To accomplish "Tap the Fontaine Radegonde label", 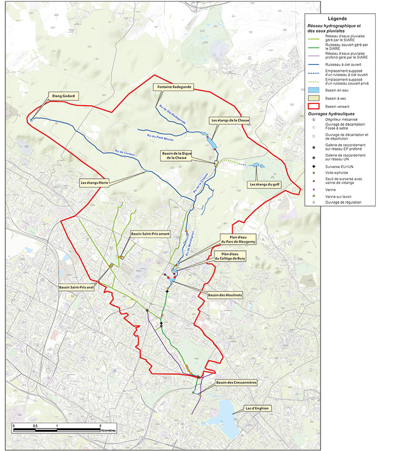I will pyautogui.click(x=172, y=86).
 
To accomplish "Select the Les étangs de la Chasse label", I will pyautogui.click(x=229, y=121).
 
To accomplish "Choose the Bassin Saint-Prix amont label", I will pyautogui.click(x=149, y=234).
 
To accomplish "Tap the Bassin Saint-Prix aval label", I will pyautogui.click(x=77, y=287).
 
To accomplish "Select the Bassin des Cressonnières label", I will pyautogui.click(x=236, y=382).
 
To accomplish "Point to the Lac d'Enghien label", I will pyautogui.click(x=258, y=408).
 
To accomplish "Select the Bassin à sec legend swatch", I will pyautogui.click(x=314, y=99).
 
